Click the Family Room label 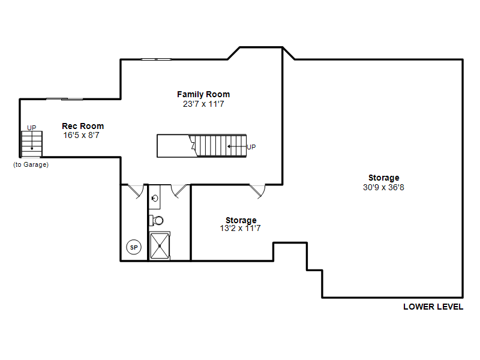[x=203, y=94]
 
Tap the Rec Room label [x=83, y=126]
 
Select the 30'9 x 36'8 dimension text [x=383, y=187]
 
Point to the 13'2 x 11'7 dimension [x=241, y=229]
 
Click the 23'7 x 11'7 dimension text [x=203, y=104]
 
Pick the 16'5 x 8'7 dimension [x=81, y=136]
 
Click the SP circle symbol [x=134, y=247]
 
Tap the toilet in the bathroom [x=157, y=220]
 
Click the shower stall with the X [x=160, y=246]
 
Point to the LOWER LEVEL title [x=433, y=307]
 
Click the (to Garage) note [x=31, y=164]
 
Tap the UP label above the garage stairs [x=32, y=128]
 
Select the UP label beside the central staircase [x=251, y=147]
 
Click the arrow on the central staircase [x=237, y=146]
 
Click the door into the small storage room [x=257, y=191]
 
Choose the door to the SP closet [x=136, y=191]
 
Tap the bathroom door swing [x=179, y=191]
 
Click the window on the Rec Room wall [x=64, y=99]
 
